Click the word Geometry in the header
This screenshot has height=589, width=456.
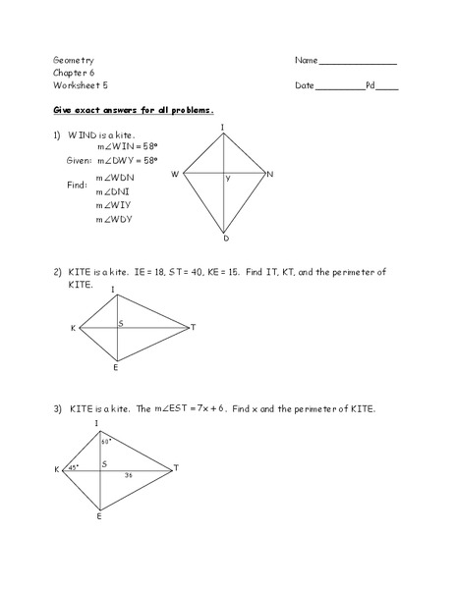point(74,61)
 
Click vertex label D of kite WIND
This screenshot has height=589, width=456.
point(225,239)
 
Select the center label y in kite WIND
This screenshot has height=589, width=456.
point(228,179)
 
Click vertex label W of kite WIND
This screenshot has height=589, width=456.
point(175,174)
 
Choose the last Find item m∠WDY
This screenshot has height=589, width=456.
point(114,219)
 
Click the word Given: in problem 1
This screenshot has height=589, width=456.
point(79,158)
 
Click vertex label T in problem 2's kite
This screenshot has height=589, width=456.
point(193,327)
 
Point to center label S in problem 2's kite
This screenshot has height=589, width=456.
point(121,322)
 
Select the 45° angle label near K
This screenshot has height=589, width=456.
point(73,467)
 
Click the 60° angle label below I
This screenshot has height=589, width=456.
point(106,442)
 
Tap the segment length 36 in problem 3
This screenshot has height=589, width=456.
point(128,475)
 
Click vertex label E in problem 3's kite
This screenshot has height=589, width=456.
point(98,515)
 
